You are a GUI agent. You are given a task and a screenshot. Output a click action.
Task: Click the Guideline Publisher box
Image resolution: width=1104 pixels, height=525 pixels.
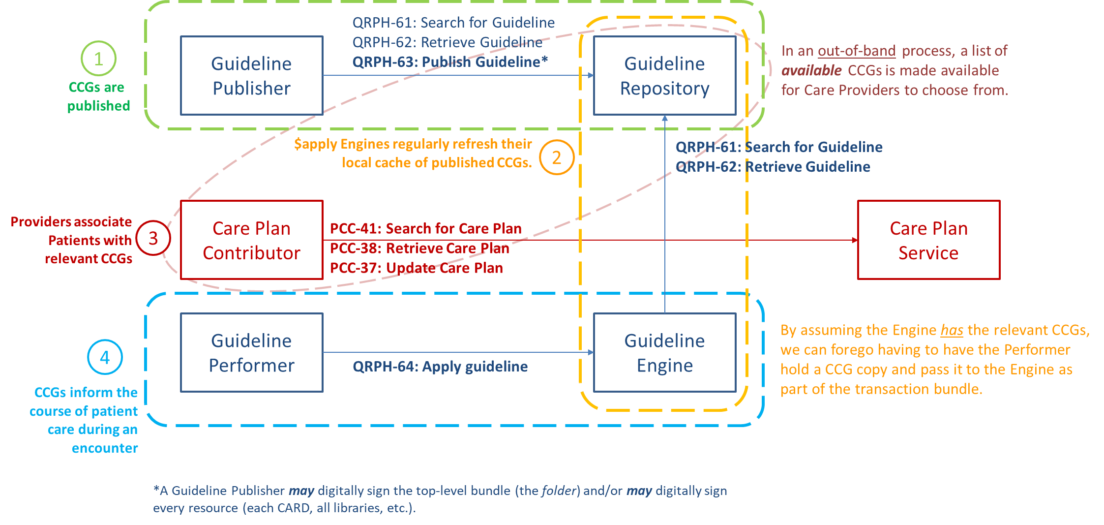coord(251,75)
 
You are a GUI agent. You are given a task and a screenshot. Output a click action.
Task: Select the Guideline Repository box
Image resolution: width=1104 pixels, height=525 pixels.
coord(664,75)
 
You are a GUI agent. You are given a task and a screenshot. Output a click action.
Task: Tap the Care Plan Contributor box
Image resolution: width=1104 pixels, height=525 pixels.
coord(251,240)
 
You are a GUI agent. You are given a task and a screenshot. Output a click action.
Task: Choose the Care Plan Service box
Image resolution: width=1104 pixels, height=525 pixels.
coord(928,240)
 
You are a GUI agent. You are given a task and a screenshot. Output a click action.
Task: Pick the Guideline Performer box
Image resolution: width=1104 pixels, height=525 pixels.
coord(251,352)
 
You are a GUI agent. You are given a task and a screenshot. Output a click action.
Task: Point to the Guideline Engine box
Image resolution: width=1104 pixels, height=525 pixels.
coord(664,352)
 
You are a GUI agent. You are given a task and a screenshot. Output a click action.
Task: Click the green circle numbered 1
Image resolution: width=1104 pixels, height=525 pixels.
coord(98,59)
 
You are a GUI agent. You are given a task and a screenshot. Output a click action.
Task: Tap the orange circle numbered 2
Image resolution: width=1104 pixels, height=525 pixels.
coord(556,157)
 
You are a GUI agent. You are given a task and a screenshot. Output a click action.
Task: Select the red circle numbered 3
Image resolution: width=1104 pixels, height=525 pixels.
coord(153,238)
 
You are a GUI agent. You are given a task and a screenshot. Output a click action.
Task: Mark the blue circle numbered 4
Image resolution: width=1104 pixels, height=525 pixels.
coord(105,357)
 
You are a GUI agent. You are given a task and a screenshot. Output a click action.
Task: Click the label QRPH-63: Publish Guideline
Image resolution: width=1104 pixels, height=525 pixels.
coord(449,62)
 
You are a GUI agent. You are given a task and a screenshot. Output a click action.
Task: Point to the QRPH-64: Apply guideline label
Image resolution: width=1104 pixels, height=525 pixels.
coord(440,367)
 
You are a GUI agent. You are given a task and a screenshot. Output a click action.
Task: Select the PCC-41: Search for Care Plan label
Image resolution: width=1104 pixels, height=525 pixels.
coord(425,229)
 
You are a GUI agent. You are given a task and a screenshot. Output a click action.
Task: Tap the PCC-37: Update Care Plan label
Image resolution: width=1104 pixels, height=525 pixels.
coord(416,268)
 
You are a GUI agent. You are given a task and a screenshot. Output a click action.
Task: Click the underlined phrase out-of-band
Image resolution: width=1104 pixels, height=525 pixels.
coord(856,51)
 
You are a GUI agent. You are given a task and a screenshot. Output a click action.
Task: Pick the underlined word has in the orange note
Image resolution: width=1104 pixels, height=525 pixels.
coord(952,330)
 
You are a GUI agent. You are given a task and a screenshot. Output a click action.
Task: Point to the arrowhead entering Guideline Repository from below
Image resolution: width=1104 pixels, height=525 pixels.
coord(664,118)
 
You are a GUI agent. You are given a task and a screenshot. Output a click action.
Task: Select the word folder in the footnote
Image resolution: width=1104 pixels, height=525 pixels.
coord(559,491)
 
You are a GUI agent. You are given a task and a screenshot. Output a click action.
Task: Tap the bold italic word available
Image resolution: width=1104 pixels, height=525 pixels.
coord(811,70)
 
